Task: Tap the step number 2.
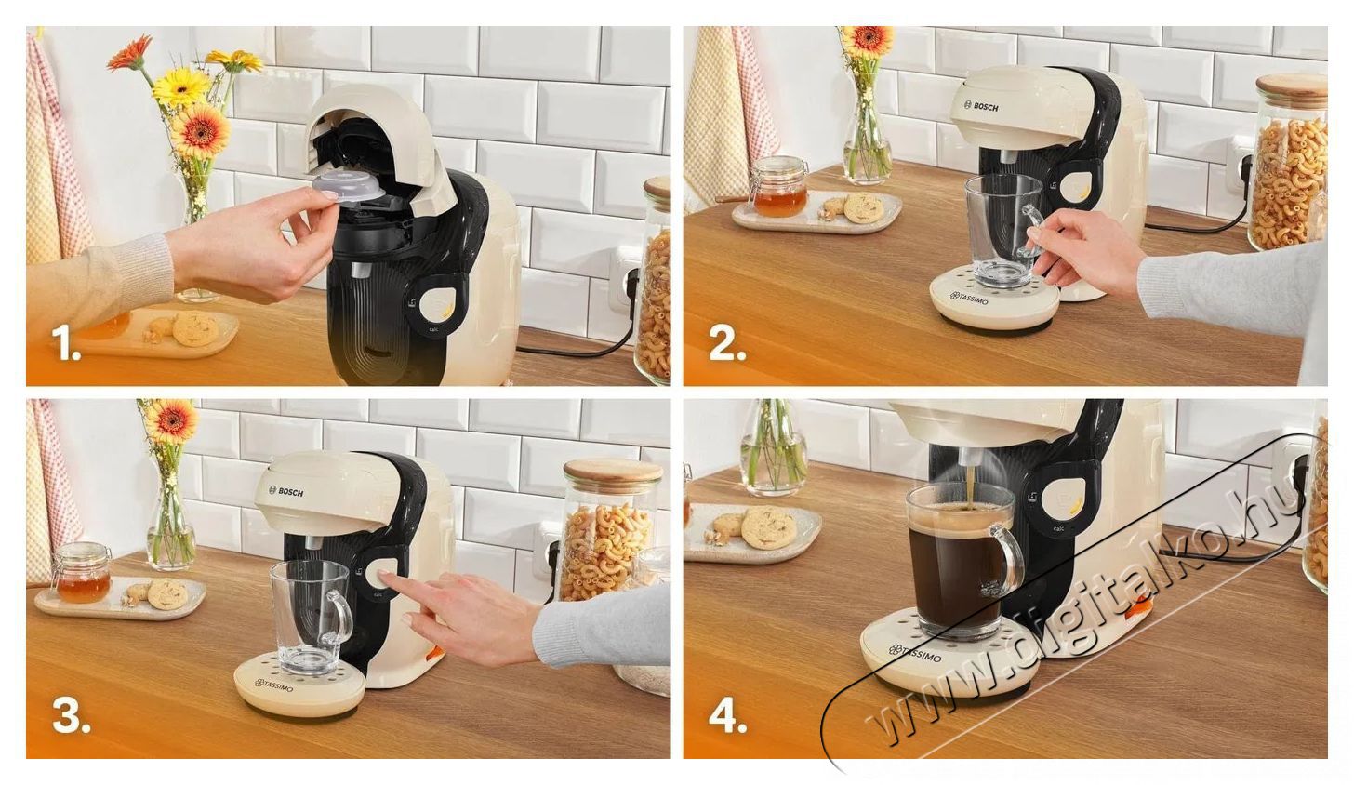[x=726, y=345]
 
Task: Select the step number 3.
[x=70, y=717]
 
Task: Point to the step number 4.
[x=727, y=717]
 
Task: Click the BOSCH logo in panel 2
[x=982, y=107]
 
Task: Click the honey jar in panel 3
[x=82, y=574]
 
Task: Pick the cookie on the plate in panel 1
[x=195, y=328]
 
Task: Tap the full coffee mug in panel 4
[x=958, y=558]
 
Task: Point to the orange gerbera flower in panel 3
[x=170, y=419]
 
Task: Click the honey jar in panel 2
[x=778, y=188]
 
